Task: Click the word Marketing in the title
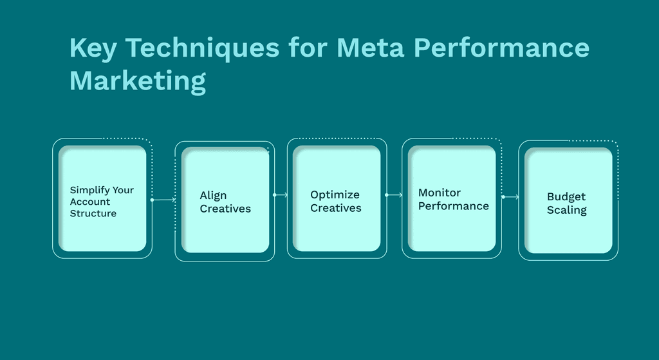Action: [137, 82]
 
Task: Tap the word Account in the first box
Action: [90, 202]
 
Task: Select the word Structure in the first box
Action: [93, 213]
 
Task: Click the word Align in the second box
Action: [213, 196]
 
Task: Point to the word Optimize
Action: [335, 194]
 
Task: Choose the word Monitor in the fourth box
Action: [440, 193]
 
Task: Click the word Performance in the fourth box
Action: [453, 206]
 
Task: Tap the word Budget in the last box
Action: [566, 197]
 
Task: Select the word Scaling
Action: [566, 210]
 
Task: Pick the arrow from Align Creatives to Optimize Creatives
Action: [281, 194]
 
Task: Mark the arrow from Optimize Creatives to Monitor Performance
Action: [394, 194]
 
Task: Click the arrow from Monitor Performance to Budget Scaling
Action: [510, 197]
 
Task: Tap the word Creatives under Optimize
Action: [335, 208]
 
